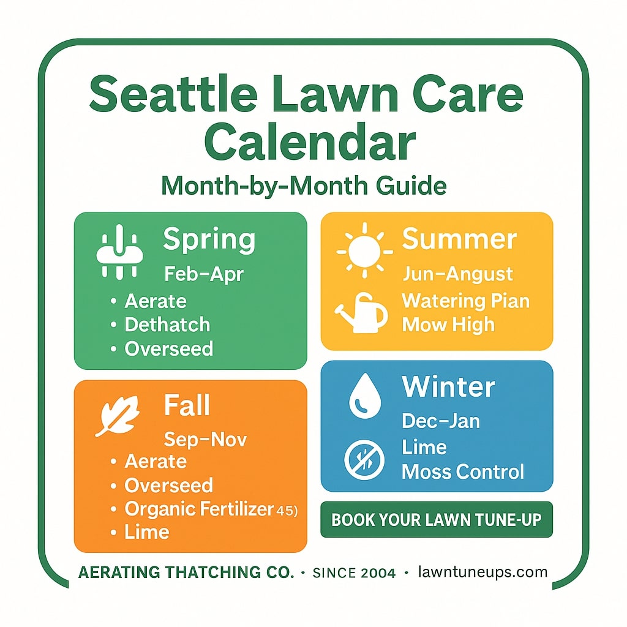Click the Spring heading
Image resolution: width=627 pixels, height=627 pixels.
[209, 240]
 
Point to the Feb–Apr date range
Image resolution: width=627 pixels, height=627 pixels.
[204, 274]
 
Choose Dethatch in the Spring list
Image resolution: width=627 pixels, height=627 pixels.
[167, 325]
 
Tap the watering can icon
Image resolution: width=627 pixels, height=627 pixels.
[362, 313]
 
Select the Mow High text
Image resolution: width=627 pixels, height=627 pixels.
[448, 325]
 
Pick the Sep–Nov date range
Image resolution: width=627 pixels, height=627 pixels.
[206, 440]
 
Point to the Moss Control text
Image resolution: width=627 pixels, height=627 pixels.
[463, 472]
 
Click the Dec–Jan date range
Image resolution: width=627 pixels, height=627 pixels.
[441, 421]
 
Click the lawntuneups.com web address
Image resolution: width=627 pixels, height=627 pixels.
[482, 573]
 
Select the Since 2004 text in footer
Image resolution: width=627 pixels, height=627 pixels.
[353, 573]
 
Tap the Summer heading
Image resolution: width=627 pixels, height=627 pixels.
[459, 239]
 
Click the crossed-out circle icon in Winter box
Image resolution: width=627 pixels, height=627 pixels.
[364, 460]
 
